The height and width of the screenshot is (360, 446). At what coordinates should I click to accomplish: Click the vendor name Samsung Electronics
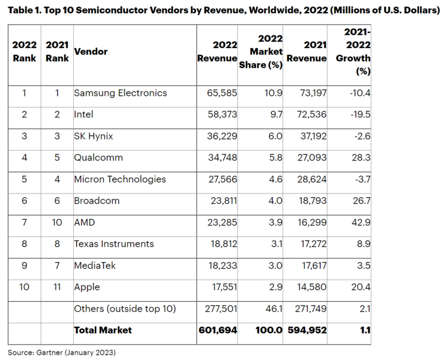120,93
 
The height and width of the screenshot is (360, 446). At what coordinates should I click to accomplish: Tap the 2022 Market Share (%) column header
261,52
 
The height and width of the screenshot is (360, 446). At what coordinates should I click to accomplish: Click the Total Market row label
103,330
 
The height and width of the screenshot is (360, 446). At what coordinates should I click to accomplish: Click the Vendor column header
91,52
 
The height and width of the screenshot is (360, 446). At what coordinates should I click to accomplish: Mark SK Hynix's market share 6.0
275,136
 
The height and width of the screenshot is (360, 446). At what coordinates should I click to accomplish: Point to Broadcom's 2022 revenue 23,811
218,201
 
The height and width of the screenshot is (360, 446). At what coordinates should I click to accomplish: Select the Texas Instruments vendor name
114,244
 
